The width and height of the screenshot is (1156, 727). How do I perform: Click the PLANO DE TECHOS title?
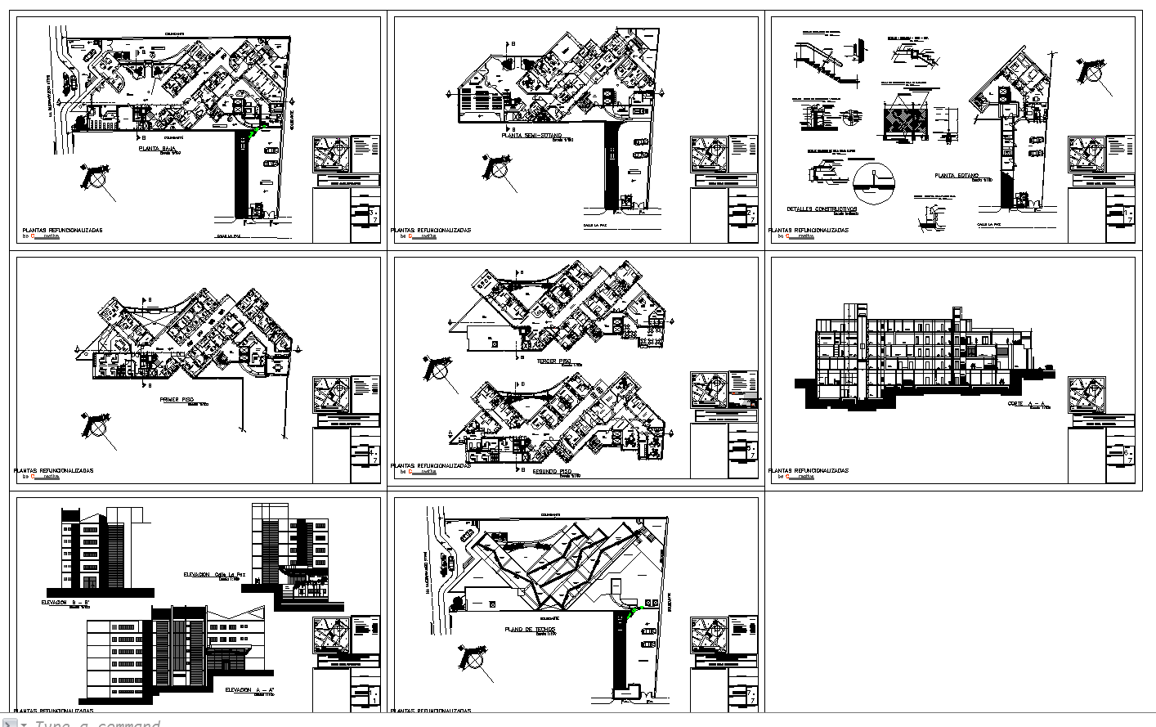pos(529,629)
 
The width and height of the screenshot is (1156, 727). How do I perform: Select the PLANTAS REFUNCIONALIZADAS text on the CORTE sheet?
pos(809,471)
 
